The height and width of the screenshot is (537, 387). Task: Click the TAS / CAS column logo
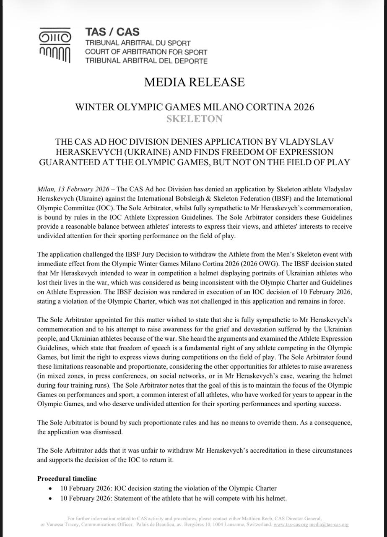(54, 45)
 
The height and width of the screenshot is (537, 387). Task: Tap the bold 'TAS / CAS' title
(112, 31)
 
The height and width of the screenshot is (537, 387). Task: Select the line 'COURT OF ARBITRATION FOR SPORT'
(146, 52)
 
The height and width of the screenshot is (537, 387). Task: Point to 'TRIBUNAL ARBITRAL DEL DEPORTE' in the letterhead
(146, 61)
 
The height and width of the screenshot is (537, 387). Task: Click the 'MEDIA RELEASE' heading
(194, 82)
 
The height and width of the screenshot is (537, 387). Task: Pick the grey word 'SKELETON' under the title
(194, 119)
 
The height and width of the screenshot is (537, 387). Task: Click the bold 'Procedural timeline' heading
(67, 478)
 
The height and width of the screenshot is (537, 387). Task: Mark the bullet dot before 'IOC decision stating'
(50, 489)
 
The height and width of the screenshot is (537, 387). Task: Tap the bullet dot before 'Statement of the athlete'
(50, 498)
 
